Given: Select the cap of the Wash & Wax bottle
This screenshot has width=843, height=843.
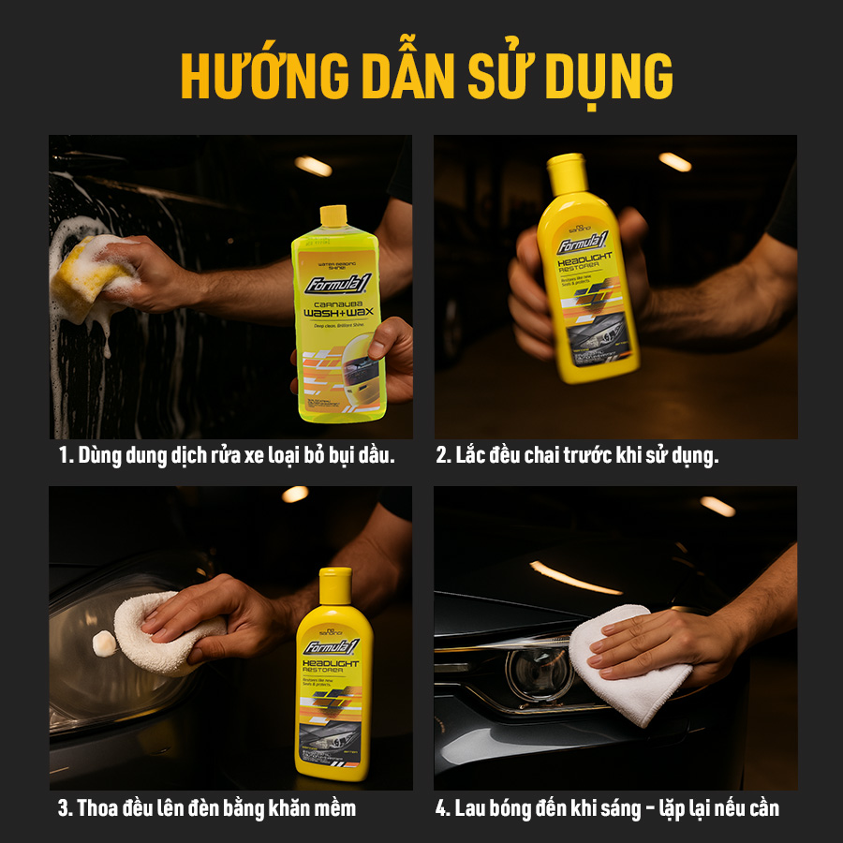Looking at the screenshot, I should (x=333, y=216).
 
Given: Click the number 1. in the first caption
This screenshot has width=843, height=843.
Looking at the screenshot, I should (x=65, y=456).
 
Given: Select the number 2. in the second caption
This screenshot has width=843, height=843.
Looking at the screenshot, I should (x=443, y=456).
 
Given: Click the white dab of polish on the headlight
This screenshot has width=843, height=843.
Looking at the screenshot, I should (x=104, y=643).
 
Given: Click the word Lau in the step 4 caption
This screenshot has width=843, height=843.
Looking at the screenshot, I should (x=473, y=807).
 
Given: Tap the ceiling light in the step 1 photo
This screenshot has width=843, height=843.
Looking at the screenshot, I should (x=313, y=166).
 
